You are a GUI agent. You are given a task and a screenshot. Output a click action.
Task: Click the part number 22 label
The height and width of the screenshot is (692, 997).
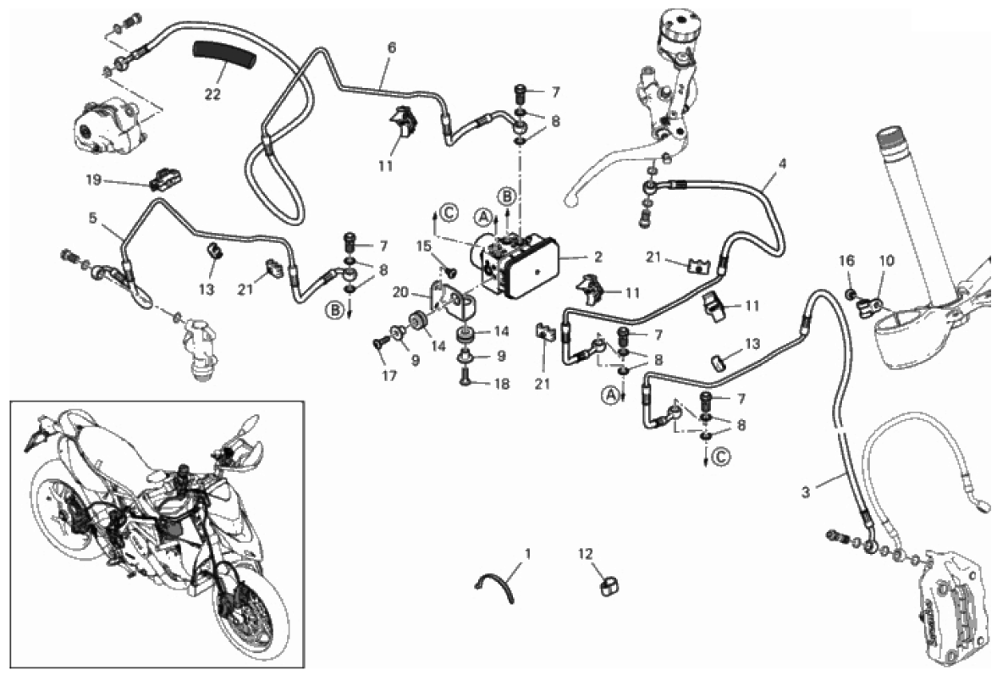(x=212, y=93)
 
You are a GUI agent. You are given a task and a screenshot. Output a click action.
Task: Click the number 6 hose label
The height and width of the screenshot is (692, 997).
(x=392, y=48)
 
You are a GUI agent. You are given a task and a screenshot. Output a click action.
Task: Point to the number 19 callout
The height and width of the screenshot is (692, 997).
(x=93, y=180)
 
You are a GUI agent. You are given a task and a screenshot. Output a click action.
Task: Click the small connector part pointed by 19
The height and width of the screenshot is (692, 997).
(x=166, y=179)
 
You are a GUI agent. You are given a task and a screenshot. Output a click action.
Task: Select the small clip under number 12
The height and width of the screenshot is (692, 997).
(x=609, y=585)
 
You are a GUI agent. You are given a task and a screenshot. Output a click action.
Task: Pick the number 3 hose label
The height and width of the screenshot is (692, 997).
(x=806, y=491)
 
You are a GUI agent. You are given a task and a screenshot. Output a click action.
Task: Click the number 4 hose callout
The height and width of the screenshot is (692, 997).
(x=782, y=163)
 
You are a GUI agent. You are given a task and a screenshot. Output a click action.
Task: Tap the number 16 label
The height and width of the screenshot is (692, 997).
(x=847, y=260)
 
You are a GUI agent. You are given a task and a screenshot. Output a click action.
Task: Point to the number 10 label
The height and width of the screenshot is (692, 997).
(x=886, y=260)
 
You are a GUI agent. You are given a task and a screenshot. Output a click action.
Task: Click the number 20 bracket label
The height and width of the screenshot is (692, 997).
(x=400, y=291)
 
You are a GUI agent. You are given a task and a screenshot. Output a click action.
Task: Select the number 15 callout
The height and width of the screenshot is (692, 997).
(x=425, y=246)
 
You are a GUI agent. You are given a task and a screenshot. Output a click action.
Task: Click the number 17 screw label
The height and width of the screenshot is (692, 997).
(x=389, y=375)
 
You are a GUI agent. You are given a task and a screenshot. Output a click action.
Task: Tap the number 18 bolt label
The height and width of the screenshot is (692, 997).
(x=502, y=384)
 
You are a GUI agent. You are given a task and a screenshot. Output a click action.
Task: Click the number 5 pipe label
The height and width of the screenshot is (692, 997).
(x=93, y=219)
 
